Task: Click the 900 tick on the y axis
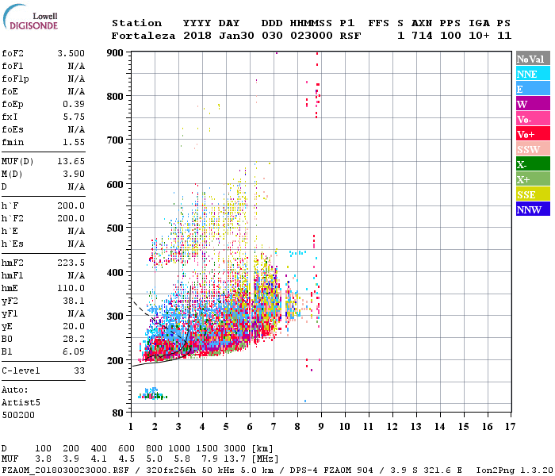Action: [116, 52]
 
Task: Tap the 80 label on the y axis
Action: [119, 413]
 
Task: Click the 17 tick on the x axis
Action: [508, 427]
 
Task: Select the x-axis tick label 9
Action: [320, 427]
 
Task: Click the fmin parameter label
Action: [13, 142]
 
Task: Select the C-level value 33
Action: [79, 370]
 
